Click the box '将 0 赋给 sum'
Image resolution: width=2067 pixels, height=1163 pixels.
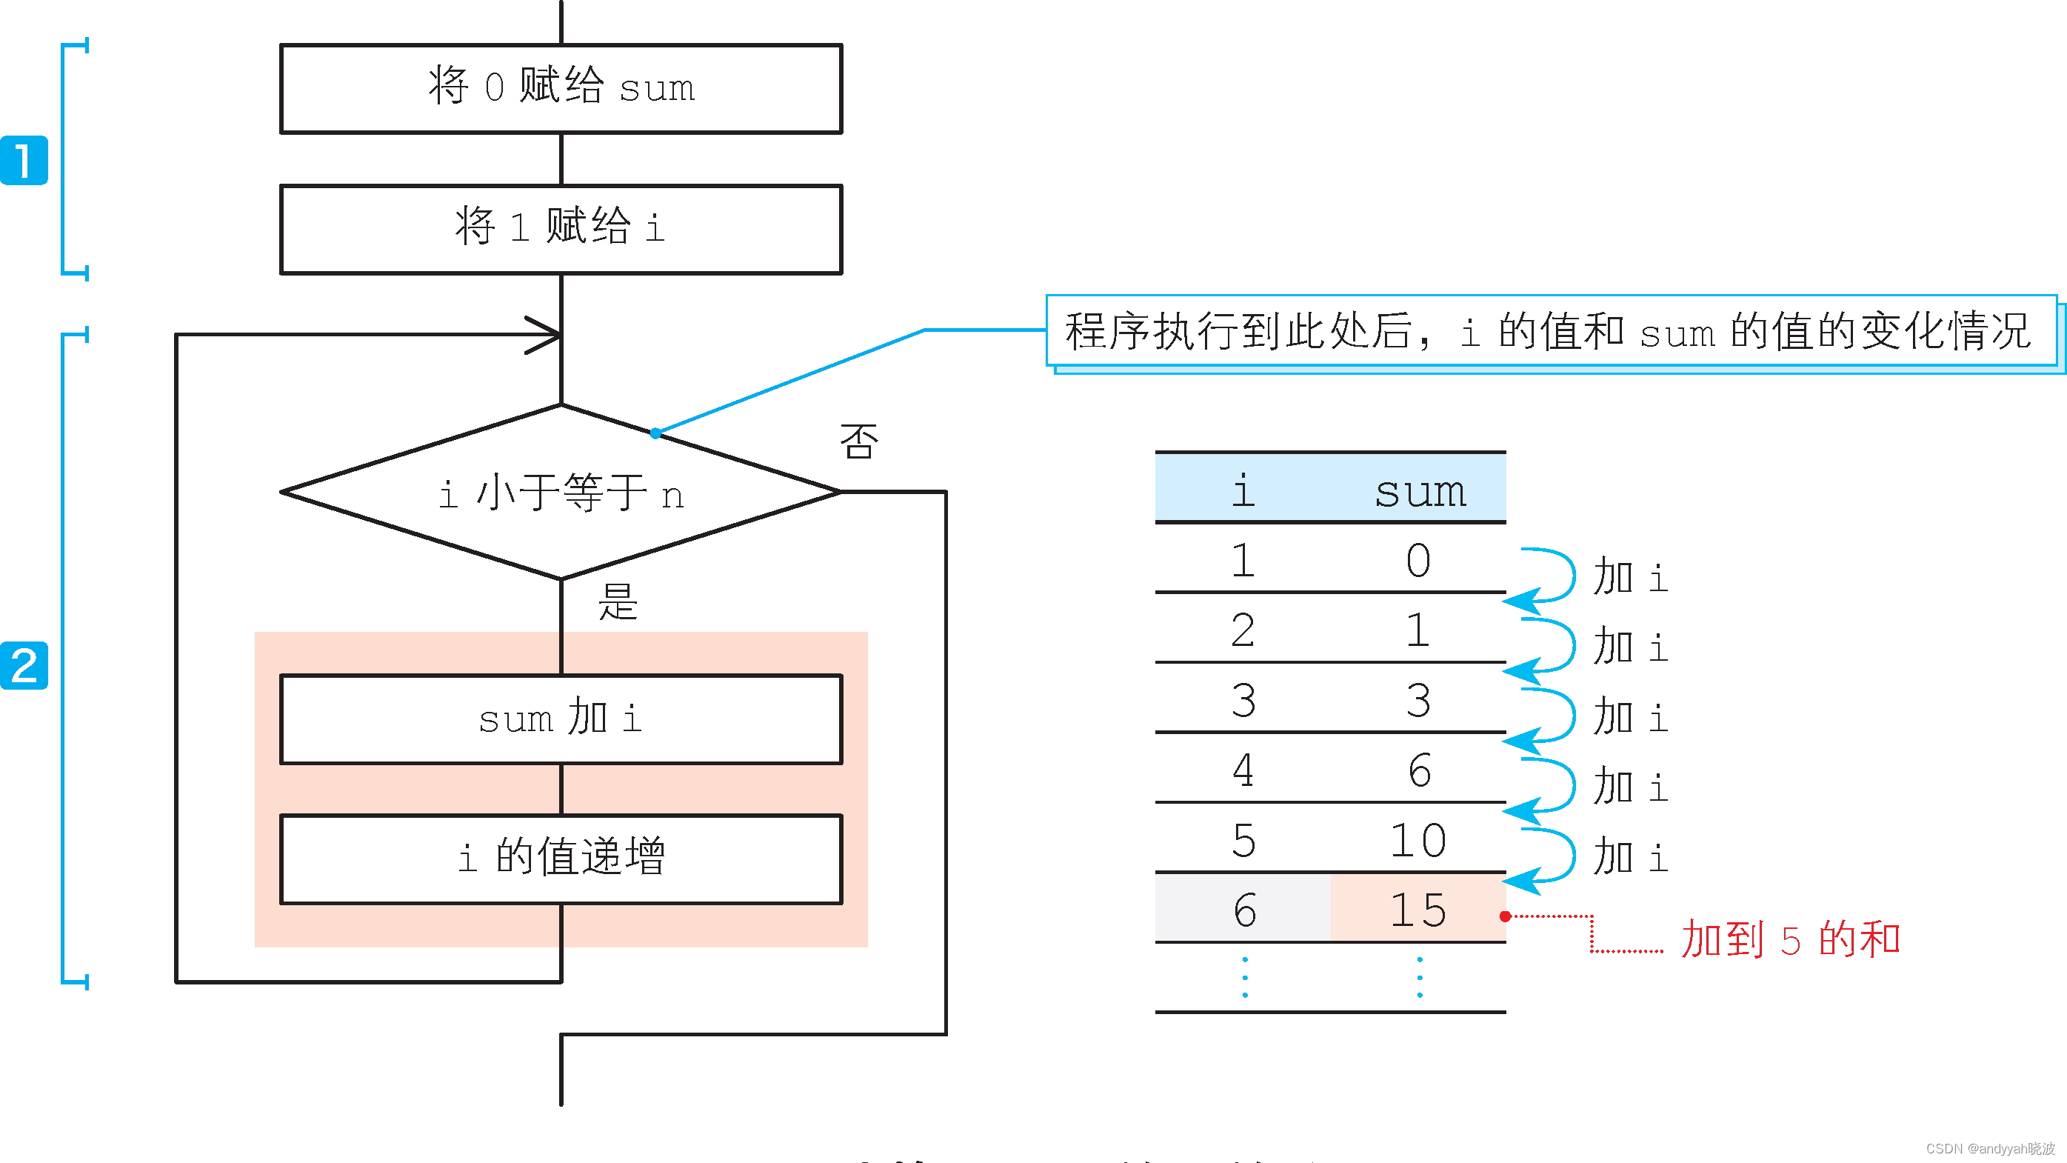click(x=561, y=88)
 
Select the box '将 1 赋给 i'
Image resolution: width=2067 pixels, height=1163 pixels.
click(x=561, y=229)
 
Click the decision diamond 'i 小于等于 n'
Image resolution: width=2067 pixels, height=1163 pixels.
click(x=561, y=491)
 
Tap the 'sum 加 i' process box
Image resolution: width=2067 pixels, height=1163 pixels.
click(x=561, y=719)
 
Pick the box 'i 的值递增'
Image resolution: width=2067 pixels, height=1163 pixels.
click(x=561, y=858)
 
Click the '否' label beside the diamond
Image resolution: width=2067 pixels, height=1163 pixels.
click(x=858, y=441)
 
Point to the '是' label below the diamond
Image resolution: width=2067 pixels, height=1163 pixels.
click(x=617, y=602)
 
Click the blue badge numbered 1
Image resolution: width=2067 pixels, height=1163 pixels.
click(x=24, y=161)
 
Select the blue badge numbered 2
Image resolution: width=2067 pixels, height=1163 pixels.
click(x=24, y=665)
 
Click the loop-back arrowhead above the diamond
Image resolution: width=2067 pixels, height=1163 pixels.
click(x=546, y=335)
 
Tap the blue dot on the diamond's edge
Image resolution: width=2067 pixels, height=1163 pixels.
click(x=655, y=433)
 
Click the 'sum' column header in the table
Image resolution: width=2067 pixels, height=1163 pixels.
click(x=1420, y=490)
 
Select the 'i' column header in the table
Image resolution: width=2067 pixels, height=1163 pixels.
click(x=1243, y=490)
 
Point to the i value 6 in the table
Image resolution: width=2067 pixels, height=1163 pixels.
click(x=1243, y=910)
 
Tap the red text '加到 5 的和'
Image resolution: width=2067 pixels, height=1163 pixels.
click(x=1789, y=939)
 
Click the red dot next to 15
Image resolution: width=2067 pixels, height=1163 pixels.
click(x=1506, y=916)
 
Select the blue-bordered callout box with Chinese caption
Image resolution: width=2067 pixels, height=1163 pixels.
click(x=1550, y=330)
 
